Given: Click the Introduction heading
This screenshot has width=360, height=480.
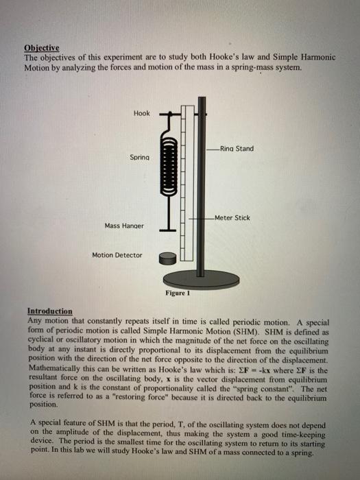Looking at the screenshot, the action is pyautogui.click(x=50, y=311).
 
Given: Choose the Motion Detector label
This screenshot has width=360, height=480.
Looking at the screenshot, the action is pyautogui.click(x=117, y=255).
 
